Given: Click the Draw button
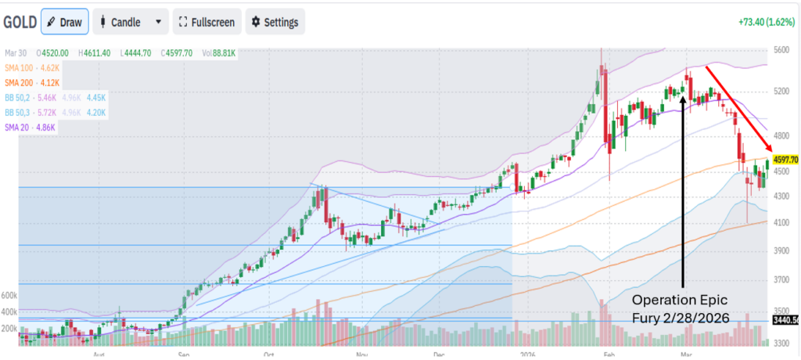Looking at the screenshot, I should click(64, 22).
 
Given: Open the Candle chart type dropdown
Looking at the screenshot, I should click(130, 22).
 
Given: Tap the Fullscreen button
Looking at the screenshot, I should click(207, 22).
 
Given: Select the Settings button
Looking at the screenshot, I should click(275, 22).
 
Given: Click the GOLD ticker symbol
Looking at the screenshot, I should click(19, 22).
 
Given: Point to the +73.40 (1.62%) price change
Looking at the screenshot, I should click(767, 22).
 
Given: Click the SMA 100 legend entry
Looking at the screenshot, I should click(31, 68).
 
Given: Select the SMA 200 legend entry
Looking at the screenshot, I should click(31, 82).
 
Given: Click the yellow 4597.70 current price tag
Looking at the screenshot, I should click(785, 160).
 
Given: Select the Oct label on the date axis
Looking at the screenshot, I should click(268, 355).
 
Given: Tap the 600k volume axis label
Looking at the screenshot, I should click(9, 296).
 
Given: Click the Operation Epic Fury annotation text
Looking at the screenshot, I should click(681, 309).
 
